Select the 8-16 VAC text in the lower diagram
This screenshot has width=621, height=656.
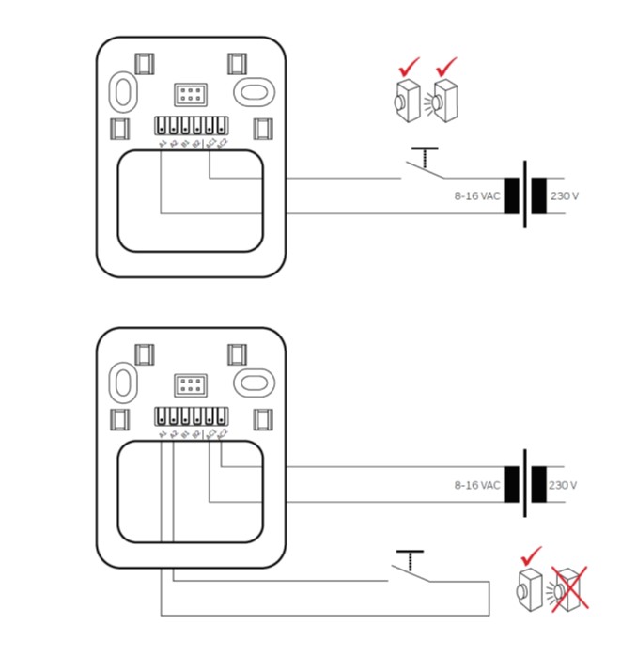coord(476,485)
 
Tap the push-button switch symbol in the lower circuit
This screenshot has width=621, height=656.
coord(411,565)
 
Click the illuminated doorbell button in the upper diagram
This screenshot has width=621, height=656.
coord(443,98)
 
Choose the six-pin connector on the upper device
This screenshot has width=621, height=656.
coord(191,93)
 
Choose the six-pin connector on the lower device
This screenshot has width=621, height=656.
coord(191,383)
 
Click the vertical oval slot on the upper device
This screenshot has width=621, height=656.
coord(123,91)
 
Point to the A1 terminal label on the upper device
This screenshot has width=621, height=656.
coord(163,143)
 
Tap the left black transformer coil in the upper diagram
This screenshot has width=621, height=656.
coord(512,195)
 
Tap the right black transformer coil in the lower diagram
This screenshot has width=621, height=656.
coord(539,485)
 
